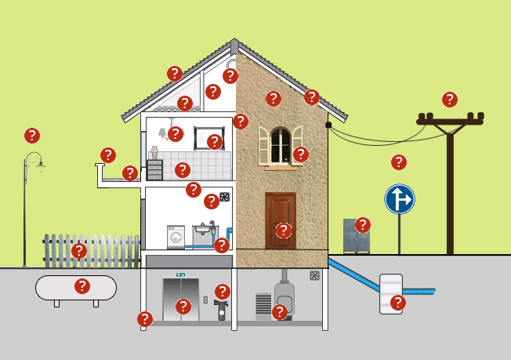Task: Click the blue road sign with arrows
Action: [x=399, y=199]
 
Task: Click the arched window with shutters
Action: [x=280, y=145]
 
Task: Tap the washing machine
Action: [x=176, y=237]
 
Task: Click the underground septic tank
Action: [x=390, y=293]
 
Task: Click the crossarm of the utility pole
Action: [x=449, y=121]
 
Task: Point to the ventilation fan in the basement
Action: [x=314, y=276]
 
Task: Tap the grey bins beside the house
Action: [x=356, y=236]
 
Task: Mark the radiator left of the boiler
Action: [x=263, y=305]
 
